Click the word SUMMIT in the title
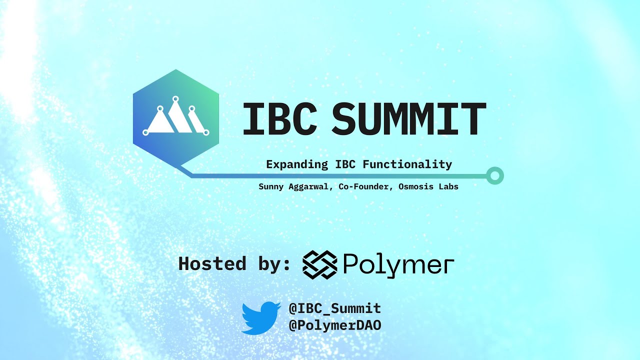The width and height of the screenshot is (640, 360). click(x=408, y=119)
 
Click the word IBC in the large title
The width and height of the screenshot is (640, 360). click(x=279, y=119)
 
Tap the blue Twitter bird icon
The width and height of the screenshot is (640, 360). click(x=261, y=317)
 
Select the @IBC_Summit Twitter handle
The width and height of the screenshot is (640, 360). click(x=335, y=308)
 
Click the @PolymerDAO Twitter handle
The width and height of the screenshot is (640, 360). click(x=335, y=325)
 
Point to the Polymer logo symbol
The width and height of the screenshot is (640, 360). click(x=319, y=264)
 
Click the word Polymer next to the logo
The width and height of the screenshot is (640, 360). click(x=398, y=265)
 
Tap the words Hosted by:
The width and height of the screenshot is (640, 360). click(x=234, y=263)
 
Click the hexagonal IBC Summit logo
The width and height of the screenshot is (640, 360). click(x=175, y=117)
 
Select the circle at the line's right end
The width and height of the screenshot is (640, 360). click(x=495, y=175)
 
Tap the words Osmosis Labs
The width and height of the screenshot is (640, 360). click(x=428, y=187)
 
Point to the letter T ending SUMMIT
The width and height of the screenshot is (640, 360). click(x=472, y=119)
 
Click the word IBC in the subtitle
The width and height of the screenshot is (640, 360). click(x=343, y=164)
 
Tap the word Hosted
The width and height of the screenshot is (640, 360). click(x=212, y=263)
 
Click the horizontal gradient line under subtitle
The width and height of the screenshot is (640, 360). click(x=340, y=176)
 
